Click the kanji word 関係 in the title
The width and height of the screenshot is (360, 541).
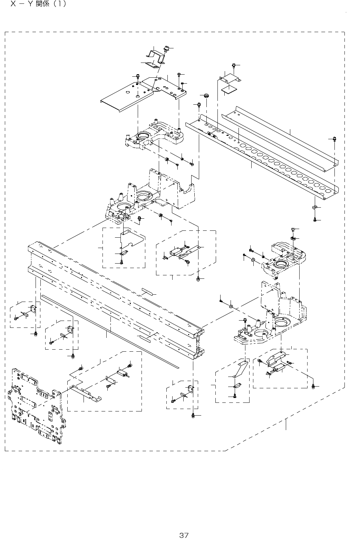click(x=42, y=4)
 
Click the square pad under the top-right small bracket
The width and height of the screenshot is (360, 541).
click(x=229, y=89)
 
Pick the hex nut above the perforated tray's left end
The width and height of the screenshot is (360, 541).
click(x=207, y=95)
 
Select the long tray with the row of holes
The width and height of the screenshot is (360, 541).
click(x=262, y=158)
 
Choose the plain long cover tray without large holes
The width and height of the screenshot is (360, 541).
click(x=280, y=139)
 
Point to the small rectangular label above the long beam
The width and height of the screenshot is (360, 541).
click(x=147, y=291)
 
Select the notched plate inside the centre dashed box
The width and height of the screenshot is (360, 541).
click(x=132, y=238)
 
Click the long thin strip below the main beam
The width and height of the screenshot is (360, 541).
click(x=110, y=331)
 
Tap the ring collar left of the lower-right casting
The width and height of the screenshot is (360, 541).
click(x=231, y=306)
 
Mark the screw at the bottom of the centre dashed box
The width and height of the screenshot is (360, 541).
click(x=122, y=262)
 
